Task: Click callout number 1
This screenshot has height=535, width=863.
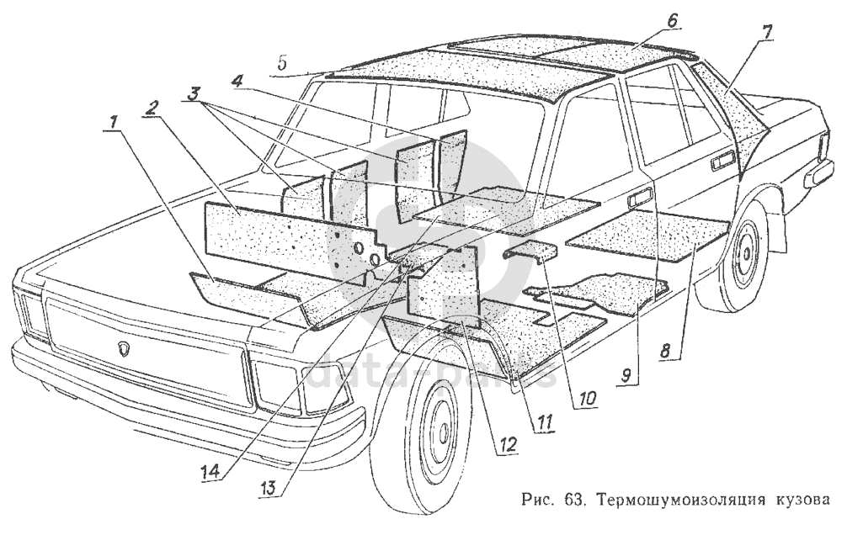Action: pyautogui.click(x=114, y=122)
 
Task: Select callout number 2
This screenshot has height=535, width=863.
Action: pyautogui.click(x=152, y=107)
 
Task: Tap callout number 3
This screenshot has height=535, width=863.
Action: pyautogui.click(x=193, y=93)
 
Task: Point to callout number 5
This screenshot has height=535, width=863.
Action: pyautogui.click(x=282, y=63)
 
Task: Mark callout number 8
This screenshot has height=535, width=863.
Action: pyautogui.click(x=666, y=351)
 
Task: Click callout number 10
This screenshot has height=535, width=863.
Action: pyautogui.click(x=587, y=398)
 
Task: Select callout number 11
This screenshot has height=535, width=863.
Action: pyautogui.click(x=542, y=422)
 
